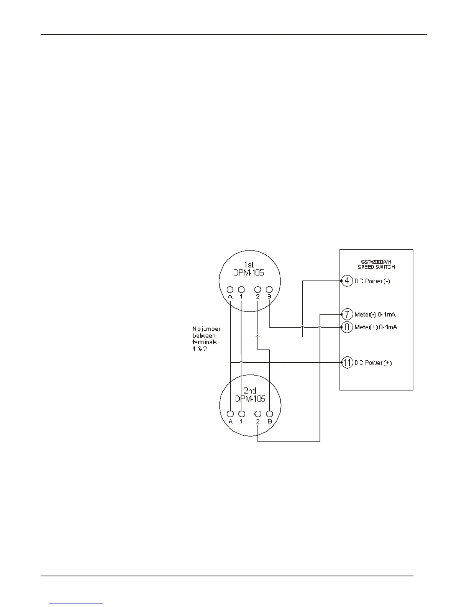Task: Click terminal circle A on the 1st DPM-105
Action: coord(230,289)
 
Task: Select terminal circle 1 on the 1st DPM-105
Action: coord(241,289)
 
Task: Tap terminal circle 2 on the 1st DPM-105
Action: coord(258,289)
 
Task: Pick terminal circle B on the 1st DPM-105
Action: coord(269,289)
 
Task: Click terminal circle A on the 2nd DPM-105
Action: coord(230,414)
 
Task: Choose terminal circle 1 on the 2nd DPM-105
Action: coord(241,414)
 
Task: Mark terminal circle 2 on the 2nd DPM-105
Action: coord(258,414)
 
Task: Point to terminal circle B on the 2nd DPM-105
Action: coord(270,414)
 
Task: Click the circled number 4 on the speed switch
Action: coord(347,281)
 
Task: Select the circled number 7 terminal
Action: coord(347,315)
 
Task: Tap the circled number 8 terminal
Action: coord(347,327)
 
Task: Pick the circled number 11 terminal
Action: coord(347,363)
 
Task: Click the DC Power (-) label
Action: coord(372,281)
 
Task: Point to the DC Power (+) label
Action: coord(373,363)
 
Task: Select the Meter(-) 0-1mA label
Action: coord(375,315)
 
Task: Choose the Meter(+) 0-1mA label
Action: coord(376,327)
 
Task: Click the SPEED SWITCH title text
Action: coord(376,267)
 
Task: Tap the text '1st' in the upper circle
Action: coord(249,265)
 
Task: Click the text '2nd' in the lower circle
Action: coord(250,391)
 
